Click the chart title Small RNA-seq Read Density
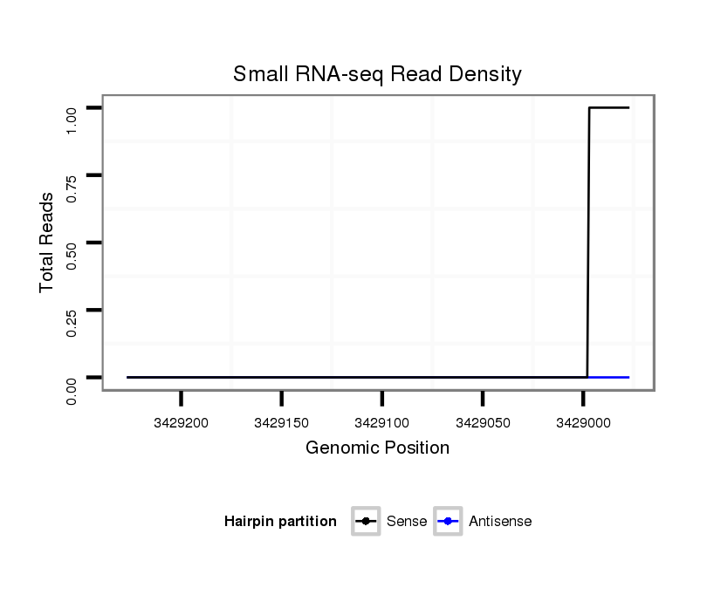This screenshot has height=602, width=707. pyautogui.click(x=377, y=75)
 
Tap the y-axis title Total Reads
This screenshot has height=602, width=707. pyautogui.click(x=47, y=243)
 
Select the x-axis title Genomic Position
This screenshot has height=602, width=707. pyautogui.click(x=377, y=448)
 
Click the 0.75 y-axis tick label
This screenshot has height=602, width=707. pyautogui.click(x=72, y=188)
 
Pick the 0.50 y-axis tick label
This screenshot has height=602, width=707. pyautogui.click(x=72, y=256)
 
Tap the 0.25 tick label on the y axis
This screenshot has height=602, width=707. pyautogui.click(x=72, y=323)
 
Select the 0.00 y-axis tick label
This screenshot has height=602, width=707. pyautogui.click(x=72, y=390)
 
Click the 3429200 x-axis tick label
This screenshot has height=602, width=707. pyautogui.click(x=181, y=423)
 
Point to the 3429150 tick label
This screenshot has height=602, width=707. pyautogui.click(x=281, y=423)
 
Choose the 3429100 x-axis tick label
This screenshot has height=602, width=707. pyautogui.click(x=381, y=423)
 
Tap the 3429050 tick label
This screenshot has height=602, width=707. pyautogui.click(x=482, y=423)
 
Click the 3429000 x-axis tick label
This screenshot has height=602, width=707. pyautogui.click(x=582, y=423)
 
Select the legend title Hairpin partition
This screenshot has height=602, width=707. pyautogui.click(x=280, y=522)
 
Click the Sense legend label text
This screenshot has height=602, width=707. pyautogui.click(x=407, y=522)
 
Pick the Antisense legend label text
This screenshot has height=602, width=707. pyautogui.click(x=500, y=522)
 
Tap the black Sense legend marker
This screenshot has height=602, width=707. pyautogui.click(x=366, y=522)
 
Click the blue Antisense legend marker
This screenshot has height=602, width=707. pyautogui.click(x=448, y=522)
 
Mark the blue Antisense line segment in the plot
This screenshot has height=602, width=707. pyautogui.click(x=609, y=377)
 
